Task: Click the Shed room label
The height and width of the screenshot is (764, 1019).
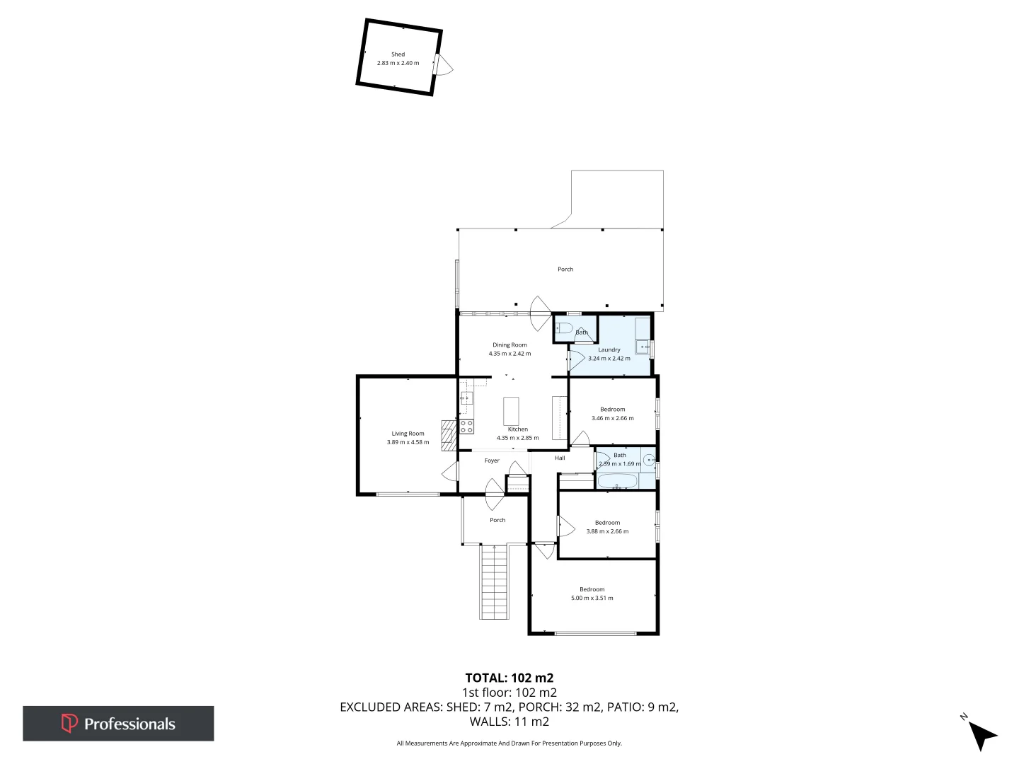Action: (x=398, y=54)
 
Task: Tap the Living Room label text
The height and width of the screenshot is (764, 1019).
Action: (x=408, y=434)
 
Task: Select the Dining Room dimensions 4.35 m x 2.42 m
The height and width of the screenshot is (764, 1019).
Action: (x=509, y=354)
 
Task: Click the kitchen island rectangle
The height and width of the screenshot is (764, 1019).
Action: (x=511, y=410)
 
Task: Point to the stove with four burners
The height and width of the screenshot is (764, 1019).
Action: (x=466, y=427)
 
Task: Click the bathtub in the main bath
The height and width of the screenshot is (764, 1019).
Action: (x=618, y=482)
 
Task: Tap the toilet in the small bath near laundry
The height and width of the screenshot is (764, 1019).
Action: (x=563, y=328)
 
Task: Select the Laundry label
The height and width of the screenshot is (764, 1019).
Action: (x=609, y=349)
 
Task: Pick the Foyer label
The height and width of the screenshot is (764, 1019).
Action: (x=492, y=461)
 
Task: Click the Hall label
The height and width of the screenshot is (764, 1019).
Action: (x=560, y=458)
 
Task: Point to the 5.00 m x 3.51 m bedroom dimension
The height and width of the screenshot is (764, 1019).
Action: (x=592, y=598)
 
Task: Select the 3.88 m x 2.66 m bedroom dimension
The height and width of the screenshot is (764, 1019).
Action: (x=607, y=531)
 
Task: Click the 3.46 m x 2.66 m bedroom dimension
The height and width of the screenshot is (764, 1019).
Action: (x=612, y=418)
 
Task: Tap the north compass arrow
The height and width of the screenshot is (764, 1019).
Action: (x=981, y=735)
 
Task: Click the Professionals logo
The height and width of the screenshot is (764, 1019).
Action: (x=118, y=724)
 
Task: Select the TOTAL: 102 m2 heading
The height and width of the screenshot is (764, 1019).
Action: (x=509, y=678)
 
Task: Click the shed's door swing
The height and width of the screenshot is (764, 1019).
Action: (x=444, y=65)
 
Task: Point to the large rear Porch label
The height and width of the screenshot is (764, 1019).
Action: (x=565, y=270)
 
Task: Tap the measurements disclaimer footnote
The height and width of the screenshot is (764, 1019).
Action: (x=509, y=743)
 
